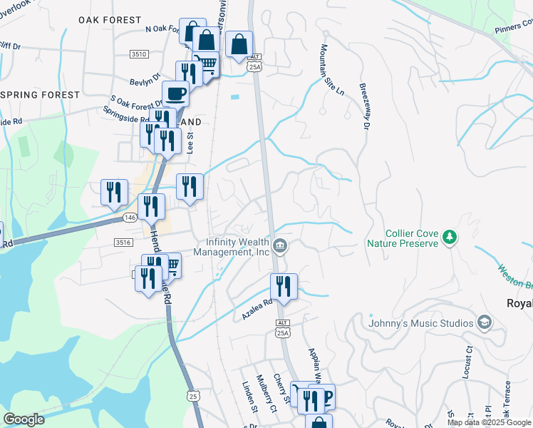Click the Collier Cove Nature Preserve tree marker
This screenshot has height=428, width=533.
[x=449, y=236]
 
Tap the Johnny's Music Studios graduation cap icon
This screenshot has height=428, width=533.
[x=485, y=322]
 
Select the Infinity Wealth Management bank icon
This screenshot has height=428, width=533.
[x=280, y=247]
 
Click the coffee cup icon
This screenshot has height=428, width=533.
[x=175, y=93]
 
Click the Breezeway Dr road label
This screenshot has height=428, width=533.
[x=364, y=106]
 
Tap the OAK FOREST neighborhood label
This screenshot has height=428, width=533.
[x=110, y=20]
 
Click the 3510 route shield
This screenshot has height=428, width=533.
[x=140, y=54]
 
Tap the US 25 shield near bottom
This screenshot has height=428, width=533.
[x=193, y=395]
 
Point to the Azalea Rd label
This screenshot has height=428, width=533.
[x=257, y=308]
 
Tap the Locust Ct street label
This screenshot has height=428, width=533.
[x=468, y=362]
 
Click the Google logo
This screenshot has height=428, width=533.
[x=24, y=419]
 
